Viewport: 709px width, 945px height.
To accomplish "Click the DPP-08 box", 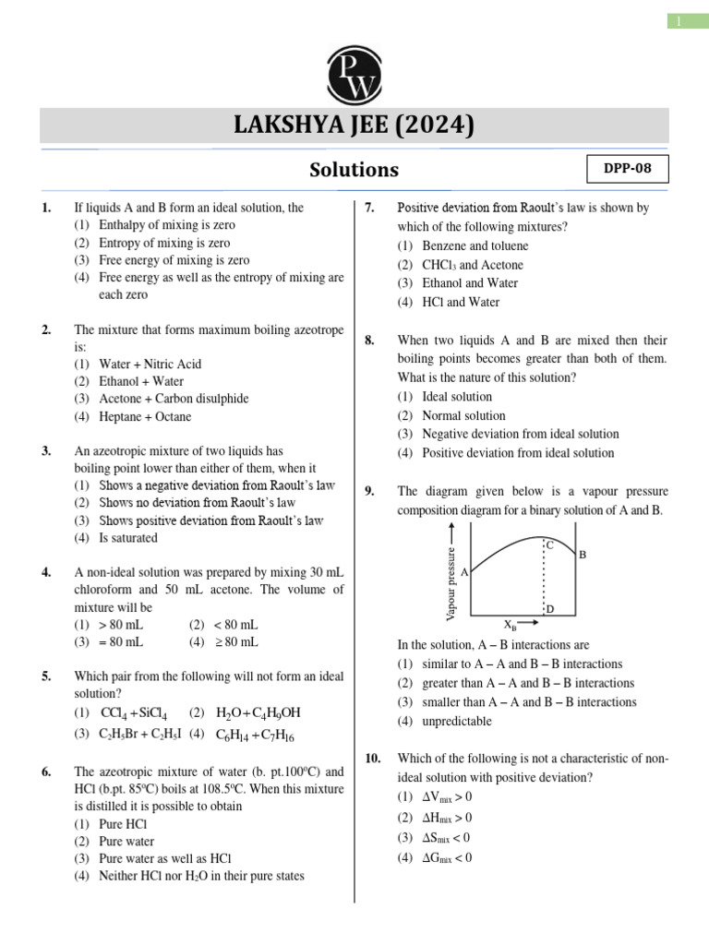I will (x=627, y=171).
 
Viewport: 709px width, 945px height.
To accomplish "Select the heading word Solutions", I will (x=354, y=170).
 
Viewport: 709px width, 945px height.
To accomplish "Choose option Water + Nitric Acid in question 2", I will (x=150, y=364).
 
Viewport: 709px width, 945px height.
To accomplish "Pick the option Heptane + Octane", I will (x=145, y=416).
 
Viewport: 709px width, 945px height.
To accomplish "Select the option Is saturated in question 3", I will (x=128, y=538).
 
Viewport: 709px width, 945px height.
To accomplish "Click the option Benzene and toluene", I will (x=475, y=246).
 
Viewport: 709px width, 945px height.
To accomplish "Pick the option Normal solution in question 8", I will (x=463, y=415).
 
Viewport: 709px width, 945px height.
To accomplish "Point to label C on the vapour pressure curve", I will (x=549, y=545).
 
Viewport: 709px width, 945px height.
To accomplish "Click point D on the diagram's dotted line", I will (x=550, y=609).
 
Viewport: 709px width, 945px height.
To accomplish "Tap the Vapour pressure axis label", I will (x=451, y=582).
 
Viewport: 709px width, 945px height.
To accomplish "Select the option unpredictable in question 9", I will (x=458, y=721).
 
